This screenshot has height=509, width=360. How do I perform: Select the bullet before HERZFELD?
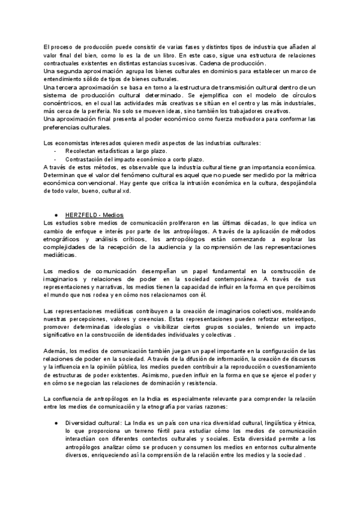click(55, 214)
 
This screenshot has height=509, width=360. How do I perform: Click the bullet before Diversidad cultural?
click(55, 423)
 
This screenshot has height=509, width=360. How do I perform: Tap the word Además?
click(56, 351)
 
